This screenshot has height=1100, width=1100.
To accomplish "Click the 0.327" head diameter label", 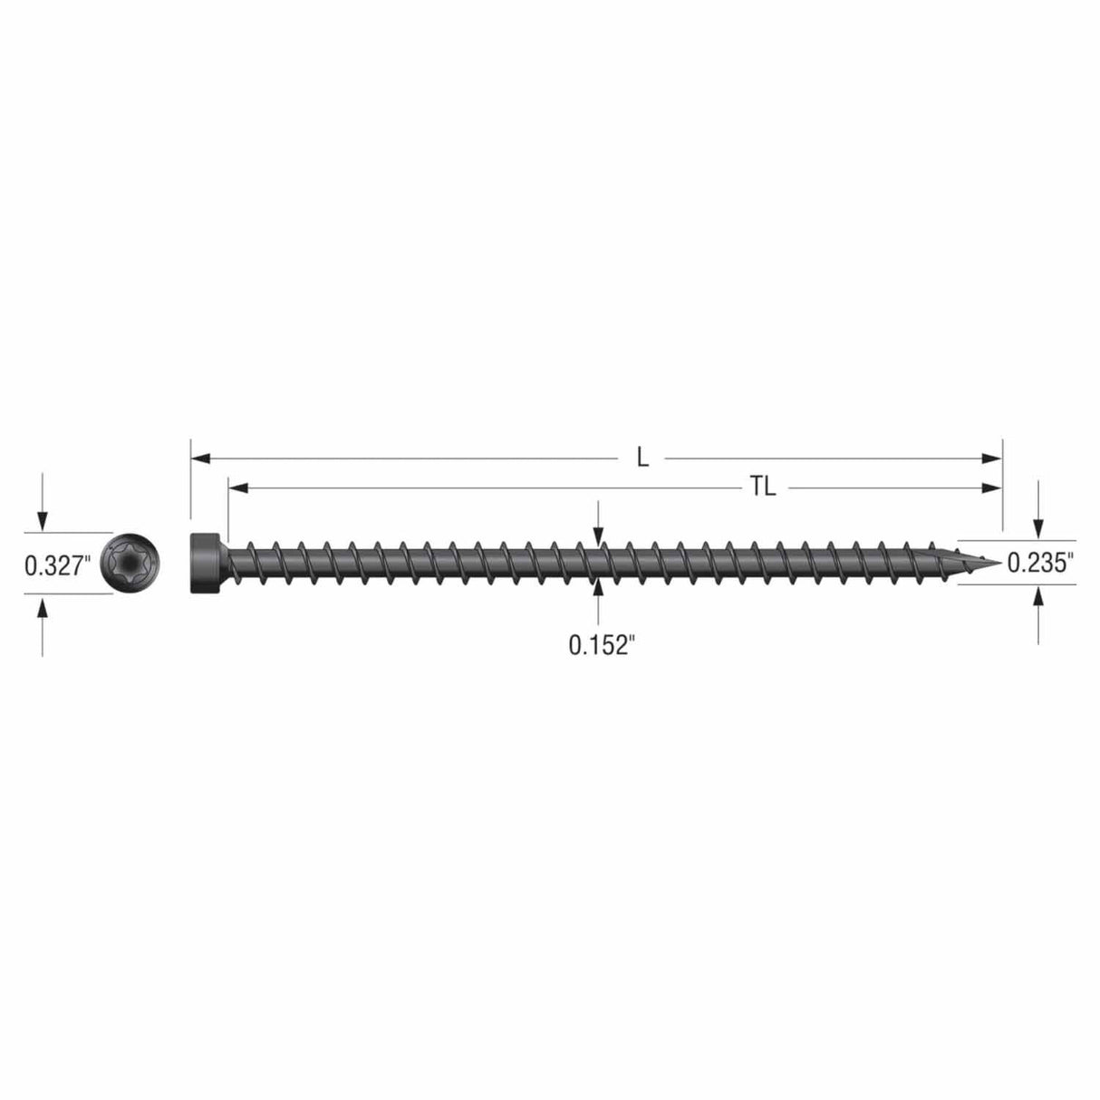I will (x=56, y=566).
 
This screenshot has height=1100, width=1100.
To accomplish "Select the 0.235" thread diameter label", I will (x=1040, y=563).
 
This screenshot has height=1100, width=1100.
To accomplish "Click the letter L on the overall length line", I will (x=642, y=458).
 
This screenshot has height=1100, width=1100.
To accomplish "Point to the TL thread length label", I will (x=763, y=488).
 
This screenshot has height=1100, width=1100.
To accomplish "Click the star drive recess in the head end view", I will (x=132, y=564).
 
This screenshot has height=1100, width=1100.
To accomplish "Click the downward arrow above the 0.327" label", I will (x=42, y=520).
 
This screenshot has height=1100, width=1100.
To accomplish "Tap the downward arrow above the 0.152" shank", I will (x=597, y=536).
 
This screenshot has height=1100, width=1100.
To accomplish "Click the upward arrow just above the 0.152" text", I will (x=597, y=589).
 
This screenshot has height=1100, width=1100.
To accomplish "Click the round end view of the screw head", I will (x=132, y=564).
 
